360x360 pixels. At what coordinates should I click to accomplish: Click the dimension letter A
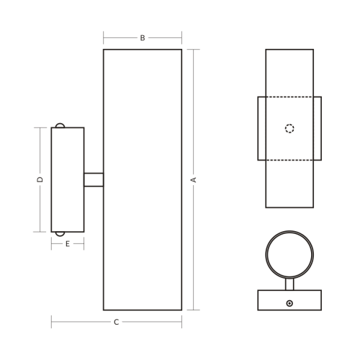(x=194, y=179)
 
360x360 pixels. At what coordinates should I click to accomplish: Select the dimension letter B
(x=143, y=37)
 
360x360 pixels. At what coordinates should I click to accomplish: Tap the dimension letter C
(x=117, y=322)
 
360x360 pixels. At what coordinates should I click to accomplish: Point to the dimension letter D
(x=40, y=179)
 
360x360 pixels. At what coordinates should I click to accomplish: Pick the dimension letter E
(x=68, y=244)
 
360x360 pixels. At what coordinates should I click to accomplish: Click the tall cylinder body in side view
(x=143, y=179)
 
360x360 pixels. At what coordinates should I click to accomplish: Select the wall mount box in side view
(x=68, y=179)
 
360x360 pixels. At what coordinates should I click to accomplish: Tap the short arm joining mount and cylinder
(x=94, y=179)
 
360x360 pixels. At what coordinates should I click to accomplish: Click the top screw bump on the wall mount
(x=60, y=125)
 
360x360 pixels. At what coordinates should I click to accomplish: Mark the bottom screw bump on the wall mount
(x=60, y=233)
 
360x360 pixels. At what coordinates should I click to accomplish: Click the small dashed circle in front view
(x=289, y=129)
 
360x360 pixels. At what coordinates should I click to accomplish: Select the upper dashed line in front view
(x=289, y=96)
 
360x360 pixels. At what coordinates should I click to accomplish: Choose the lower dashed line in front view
(x=289, y=160)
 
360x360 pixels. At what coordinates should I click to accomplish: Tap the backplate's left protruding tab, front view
(x=261, y=128)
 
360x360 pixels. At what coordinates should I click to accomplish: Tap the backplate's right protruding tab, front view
(x=318, y=128)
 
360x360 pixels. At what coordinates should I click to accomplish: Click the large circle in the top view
(x=289, y=255)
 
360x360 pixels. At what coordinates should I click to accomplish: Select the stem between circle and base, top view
(x=289, y=284)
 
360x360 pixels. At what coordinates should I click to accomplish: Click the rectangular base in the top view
(x=274, y=300)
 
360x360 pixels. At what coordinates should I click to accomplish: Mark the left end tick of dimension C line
(x=51, y=322)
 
